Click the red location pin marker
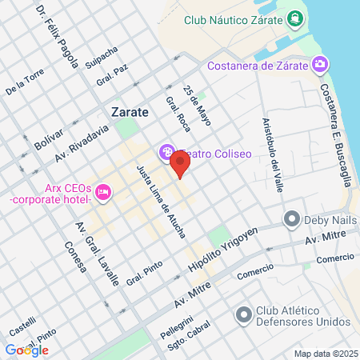coord(180,166)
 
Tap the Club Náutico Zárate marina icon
coord(295,18)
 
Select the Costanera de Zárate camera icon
coord(320,63)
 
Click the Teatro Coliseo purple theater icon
coord(166,151)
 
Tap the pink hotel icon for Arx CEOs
coord(102,192)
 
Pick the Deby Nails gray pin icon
coord(292,218)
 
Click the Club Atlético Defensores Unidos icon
coord(241,314)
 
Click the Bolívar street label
coord(48,143)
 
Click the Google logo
coord(26,350)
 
